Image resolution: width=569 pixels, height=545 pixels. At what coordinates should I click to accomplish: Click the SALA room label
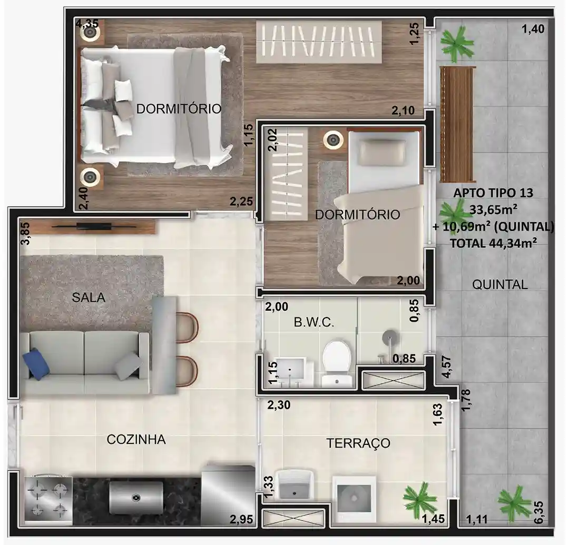tap(89, 298)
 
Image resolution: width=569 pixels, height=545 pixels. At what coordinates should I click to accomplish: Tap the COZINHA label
tap(136, 439)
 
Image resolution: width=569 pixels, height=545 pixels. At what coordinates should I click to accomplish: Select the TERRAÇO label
tap(358, 443)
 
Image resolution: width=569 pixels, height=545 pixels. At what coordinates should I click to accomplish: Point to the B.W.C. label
tap(313, 322)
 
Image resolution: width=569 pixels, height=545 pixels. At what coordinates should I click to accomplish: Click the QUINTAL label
tap(499, 285)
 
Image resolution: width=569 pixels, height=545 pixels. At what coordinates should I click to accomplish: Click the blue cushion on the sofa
tap(36, 364)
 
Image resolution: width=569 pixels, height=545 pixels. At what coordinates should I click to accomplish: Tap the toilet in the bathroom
tap(337, 361)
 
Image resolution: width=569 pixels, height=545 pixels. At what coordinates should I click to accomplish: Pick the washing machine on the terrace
tap(354, 499)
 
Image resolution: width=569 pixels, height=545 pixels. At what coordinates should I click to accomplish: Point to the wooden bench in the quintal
tap(457, 124)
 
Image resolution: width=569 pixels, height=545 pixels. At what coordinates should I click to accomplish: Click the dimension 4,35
tap(87, 24)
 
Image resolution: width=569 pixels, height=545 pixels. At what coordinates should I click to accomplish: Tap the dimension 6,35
tap(539, 512)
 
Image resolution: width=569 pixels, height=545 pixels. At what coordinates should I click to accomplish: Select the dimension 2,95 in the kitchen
tap(241, 519)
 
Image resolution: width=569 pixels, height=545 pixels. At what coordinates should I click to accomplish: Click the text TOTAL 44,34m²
tap(494, 243)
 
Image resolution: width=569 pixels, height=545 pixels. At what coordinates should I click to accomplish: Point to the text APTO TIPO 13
tap(493, 193)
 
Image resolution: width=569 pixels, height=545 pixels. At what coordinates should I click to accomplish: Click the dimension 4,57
tap(447, 367)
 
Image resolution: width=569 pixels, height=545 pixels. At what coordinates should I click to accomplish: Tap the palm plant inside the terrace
tap(420, 497)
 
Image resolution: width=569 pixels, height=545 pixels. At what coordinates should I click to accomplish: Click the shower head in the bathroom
tap(389, 337)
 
